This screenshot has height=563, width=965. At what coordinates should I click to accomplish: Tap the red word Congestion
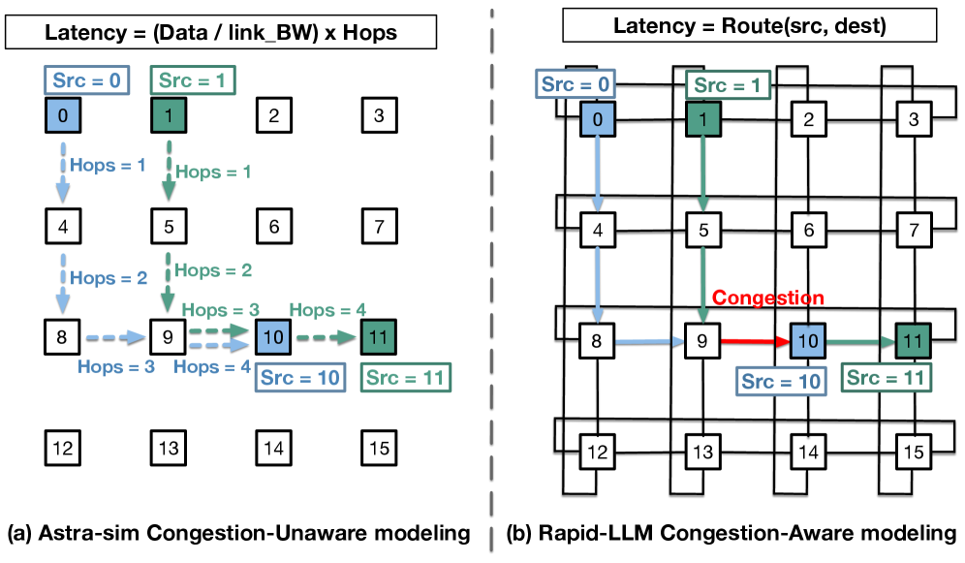[769, 297]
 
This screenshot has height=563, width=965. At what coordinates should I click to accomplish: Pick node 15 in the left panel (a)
[379, 449]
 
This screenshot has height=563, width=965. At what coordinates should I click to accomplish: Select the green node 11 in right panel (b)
[911, 340]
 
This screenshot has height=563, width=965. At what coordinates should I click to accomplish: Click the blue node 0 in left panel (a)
[63, 117]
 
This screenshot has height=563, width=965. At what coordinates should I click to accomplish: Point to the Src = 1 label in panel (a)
[194, 80]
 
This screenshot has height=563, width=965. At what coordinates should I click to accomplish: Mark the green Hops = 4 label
[327, 309]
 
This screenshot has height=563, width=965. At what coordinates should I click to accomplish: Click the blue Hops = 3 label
[116, 367]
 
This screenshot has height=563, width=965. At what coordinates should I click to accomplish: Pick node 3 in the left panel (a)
[379, 117]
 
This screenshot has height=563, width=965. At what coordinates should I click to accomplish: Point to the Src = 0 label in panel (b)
[576, 85]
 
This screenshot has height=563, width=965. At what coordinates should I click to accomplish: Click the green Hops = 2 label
[211, 270]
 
